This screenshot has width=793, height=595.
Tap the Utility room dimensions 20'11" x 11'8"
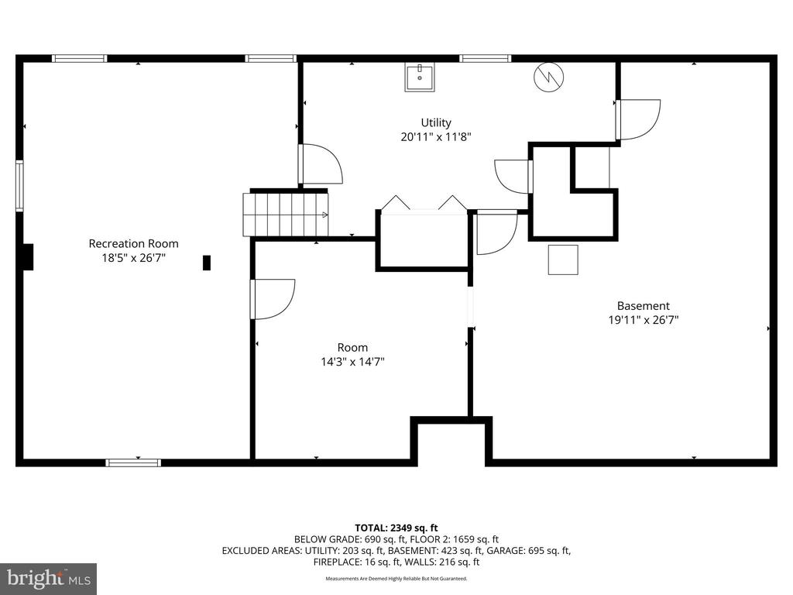pos(436,136)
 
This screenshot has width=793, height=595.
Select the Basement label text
pos(643,305)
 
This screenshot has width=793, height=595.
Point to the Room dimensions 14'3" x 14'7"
pos(352,361)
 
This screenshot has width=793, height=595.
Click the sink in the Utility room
pos(419,77)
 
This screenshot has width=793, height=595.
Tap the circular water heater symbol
pos(549,76)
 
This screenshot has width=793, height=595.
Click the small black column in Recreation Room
pos(207,263)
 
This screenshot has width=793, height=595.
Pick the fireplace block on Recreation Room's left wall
pos(28,256)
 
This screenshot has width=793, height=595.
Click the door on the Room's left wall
pos(271,299)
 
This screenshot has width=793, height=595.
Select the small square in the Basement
pos(563,259)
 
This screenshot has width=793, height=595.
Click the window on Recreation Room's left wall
pos(19,186)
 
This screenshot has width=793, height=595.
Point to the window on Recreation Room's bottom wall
pos(133,463)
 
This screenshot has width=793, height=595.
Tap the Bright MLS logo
pos(48,578)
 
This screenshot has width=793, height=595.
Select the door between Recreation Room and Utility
pos(320,164)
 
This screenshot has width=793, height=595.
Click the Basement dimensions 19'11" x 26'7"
pos(643,319)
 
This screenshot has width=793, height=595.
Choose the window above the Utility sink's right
pos(485,58)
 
